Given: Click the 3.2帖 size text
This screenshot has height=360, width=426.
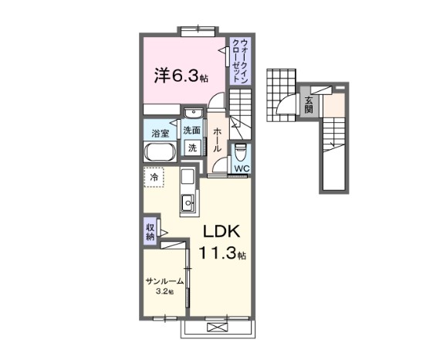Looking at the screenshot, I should pyautogui.click(x=166, y=292).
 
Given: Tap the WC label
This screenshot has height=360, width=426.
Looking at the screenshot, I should pyautogui.click(x=241, y=168).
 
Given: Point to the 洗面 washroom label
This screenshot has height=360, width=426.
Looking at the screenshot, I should pyautogui.click(x=191, y=131).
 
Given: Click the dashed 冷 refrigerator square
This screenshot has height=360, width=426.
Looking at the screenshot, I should pyautogui.click(x=155, y=178).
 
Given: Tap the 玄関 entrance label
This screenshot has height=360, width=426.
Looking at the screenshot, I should pyautogui.click(x=308, y=103).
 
